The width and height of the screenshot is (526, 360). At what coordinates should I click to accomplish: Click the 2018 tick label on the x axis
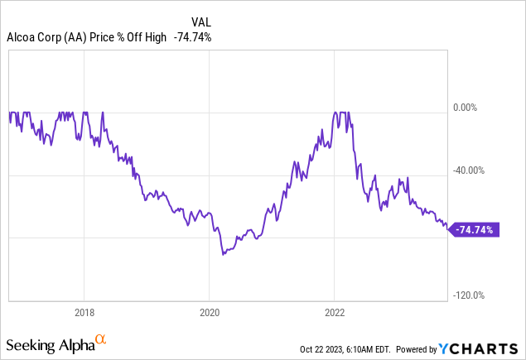tap(84, 314)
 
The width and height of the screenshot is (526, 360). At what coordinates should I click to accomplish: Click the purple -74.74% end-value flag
tap(475, 230)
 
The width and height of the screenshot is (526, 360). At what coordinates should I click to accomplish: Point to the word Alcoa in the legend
tap(22, 36)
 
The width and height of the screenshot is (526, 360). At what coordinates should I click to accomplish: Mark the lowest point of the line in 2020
tap(223, 255)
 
